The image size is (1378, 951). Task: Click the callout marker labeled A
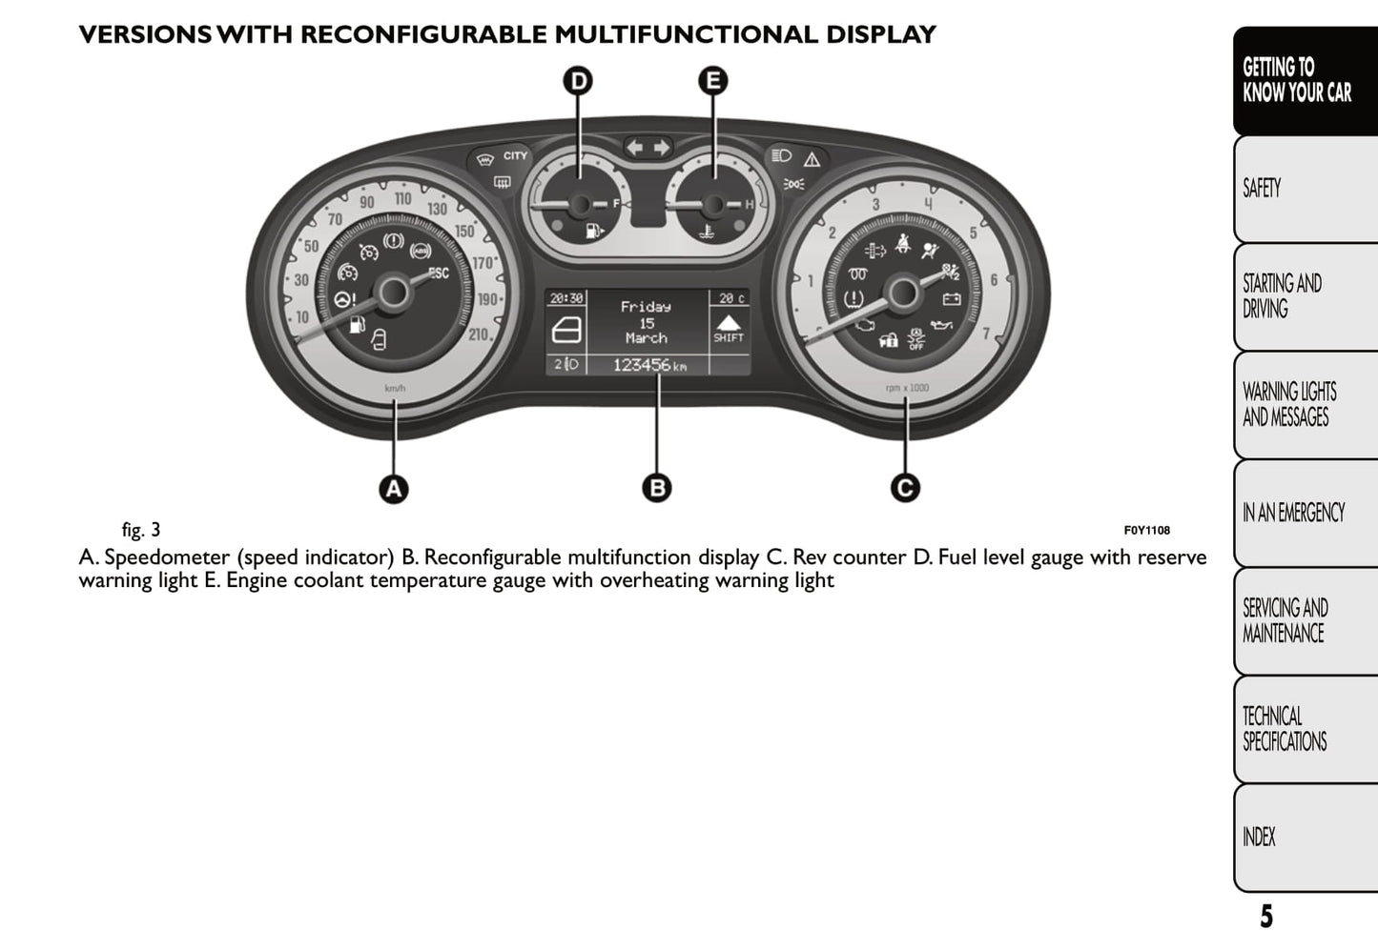[394, 489]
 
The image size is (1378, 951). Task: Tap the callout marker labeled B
[656, 488]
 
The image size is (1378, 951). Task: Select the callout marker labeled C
[905, 488]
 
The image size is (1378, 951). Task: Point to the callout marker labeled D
[578, 80]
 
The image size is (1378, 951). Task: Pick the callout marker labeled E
[712, 80]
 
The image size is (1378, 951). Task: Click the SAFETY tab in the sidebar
[1304, 189]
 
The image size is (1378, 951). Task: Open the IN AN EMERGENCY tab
[1304, 513]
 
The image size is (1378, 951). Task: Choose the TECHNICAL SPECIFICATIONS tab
[1304, 729]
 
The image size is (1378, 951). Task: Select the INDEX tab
[1304, 837]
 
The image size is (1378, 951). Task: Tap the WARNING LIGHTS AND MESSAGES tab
[1304, 405]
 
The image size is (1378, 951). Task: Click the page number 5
[1266, 917]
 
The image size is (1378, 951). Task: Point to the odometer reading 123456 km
[648, 365]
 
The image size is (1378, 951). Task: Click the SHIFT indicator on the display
[729, 330]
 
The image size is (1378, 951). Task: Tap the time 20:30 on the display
[566, 298]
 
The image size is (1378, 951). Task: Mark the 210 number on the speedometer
[480, 334]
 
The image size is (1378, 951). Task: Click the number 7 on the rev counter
[986, 334]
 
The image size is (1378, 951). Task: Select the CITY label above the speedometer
[515, 155]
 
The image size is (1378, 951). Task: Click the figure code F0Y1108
[1146, 531]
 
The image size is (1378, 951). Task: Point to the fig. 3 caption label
[141, 530]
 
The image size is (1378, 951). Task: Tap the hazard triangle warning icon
[812, 159]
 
